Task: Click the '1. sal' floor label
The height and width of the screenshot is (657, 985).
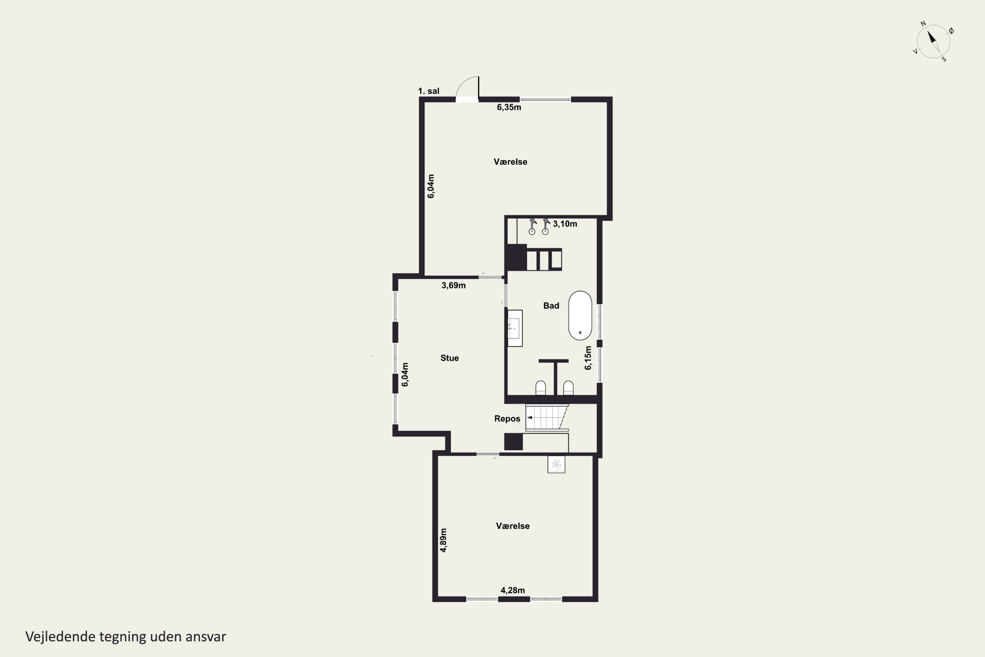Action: click(428, 91)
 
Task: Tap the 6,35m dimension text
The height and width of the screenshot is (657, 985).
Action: click(509, 107)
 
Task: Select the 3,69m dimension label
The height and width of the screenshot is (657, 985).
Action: click(453, 285)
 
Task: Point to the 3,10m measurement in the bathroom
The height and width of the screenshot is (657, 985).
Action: click(565, 224)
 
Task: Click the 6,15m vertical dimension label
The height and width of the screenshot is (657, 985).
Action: click(588, 358)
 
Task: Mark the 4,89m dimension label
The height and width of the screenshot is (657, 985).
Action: click(443, 540)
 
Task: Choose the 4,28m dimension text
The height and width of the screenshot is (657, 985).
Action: click(513, 590)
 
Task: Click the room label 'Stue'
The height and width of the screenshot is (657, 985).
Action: click(449, 358)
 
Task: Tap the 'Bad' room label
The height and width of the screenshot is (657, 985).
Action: click(551, 306)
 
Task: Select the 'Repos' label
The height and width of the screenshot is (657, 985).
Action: click(507, 419)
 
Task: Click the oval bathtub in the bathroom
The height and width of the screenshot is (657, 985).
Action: click(580, 315)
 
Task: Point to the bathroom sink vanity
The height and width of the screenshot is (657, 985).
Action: click(515, 328)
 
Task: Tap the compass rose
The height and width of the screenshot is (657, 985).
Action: click(933, 41)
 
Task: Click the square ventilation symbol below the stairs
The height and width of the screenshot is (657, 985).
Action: click(556, 464)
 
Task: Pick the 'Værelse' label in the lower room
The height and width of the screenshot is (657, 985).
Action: click(513, 526)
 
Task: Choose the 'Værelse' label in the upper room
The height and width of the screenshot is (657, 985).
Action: click(510, 162)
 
